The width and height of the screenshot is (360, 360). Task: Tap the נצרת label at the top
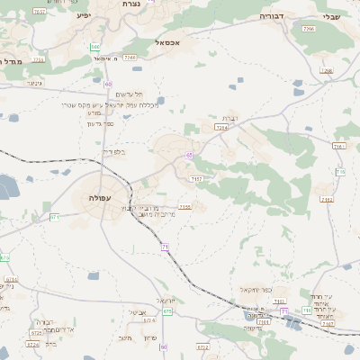pos(130,4)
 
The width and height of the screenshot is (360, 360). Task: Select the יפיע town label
pos(84,15)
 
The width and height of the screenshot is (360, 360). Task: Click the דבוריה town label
pos(272,16)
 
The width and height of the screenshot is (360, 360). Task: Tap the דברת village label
pos(228,119)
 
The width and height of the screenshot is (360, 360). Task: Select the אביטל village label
pos(138,312)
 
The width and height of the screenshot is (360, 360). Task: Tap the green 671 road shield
pos(56,217)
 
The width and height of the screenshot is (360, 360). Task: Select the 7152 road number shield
pos(196,179)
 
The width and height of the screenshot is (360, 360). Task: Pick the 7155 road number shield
pos(185,206)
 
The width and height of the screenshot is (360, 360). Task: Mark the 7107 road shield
pos(264,321)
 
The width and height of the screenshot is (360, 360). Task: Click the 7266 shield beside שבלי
pos(309,29)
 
